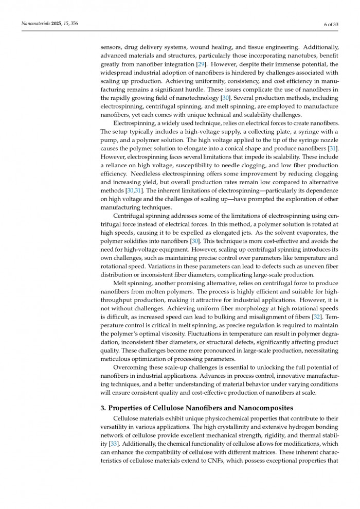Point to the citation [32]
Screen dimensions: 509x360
[x=317, y=315]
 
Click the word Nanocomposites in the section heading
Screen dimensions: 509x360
[x=251, y=408]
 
